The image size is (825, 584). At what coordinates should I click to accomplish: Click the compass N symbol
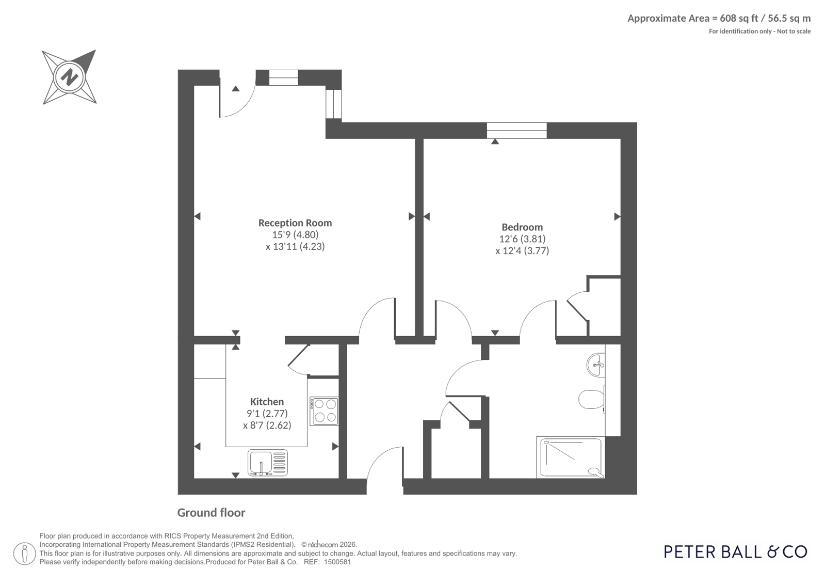[69, 77]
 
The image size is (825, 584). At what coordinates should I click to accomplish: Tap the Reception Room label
[295, 223]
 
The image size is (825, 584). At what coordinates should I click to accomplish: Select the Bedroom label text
[522, 227]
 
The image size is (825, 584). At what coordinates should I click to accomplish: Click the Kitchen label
[267, 402]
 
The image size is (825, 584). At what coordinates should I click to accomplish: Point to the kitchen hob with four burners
[324, 411]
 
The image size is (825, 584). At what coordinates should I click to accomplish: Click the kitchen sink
[268, 463]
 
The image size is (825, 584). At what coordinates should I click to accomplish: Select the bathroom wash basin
[595, 365]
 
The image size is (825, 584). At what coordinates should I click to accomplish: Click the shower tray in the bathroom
[571, 457]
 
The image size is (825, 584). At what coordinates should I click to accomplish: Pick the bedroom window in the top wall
[517, 131]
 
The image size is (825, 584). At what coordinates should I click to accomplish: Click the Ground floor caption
[211, 513]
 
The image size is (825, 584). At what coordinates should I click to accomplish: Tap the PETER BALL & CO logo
[736, 552]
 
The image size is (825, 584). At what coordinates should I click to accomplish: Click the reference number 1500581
[337, 562]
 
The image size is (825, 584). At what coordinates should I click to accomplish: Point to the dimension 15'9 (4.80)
[295, 234]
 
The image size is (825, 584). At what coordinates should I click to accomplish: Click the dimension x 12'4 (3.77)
[522, 251]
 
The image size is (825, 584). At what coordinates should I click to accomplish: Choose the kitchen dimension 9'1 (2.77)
[267, 413]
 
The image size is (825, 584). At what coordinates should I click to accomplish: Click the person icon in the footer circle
[25, 554]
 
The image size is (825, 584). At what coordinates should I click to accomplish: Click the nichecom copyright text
[329, 545]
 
